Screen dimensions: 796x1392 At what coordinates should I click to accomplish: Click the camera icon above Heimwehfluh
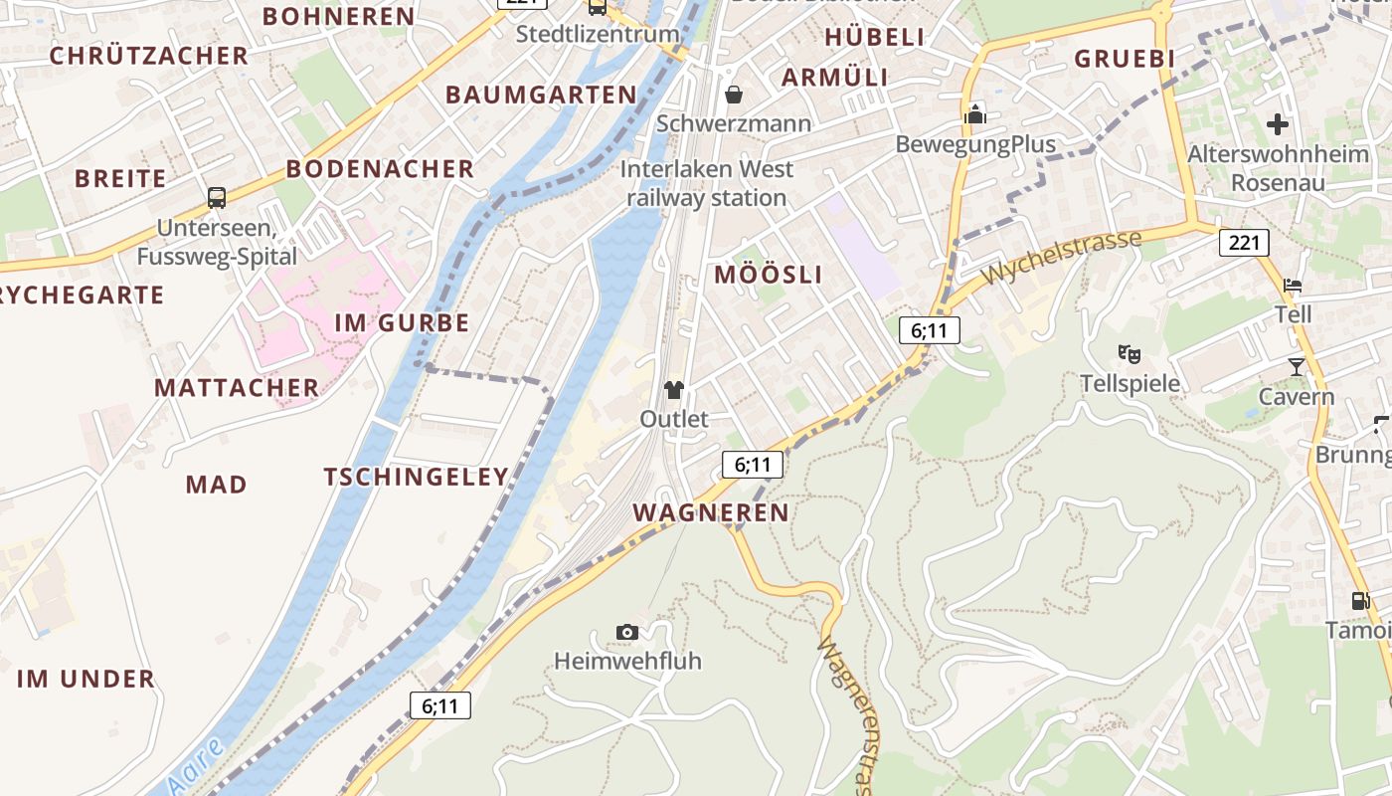point(626,632)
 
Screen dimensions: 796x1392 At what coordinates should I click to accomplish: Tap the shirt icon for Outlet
point(674,389)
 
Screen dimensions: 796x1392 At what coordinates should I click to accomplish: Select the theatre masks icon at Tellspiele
point(1129,353)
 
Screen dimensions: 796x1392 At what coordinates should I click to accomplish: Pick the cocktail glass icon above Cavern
point(1296,367)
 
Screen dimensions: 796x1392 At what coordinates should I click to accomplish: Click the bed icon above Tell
point(1293,286)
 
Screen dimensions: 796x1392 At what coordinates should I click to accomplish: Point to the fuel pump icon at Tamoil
point(1360,600)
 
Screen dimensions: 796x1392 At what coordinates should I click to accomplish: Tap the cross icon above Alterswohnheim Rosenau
point(1278,124)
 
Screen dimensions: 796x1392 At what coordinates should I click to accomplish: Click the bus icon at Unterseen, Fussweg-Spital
point(217,197)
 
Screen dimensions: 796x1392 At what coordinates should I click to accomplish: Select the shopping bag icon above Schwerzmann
point(734,95)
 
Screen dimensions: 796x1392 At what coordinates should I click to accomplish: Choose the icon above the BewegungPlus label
point(974,114)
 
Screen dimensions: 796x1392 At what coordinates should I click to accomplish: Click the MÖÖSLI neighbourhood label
point(769,276)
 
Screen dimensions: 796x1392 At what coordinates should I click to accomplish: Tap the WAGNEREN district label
point(711,513)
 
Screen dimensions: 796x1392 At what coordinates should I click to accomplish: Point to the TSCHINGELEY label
point(417,478)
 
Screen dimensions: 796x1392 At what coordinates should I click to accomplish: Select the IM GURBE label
point(402,323)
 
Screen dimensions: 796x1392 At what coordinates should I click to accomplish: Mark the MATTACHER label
point(237,388)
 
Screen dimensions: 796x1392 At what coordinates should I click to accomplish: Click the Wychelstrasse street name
point(1061,257)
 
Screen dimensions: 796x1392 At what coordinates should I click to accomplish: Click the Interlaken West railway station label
point(707,183)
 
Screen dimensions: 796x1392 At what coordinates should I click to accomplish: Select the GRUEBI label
point(1125,59)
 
